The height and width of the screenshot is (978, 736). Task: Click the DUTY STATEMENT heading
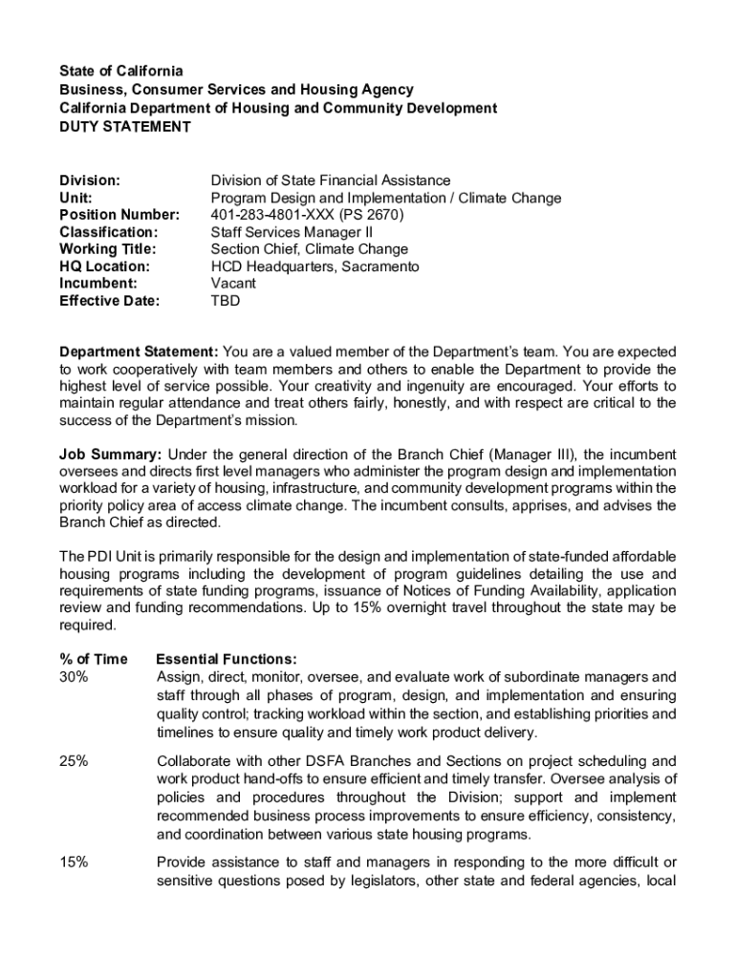point(125,127)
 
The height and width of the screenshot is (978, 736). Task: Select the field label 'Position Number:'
point(119,215)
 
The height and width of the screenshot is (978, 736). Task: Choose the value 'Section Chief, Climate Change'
point(309,249)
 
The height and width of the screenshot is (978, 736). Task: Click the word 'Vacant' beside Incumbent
point(233,284)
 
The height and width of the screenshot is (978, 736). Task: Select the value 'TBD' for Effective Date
point(226,301)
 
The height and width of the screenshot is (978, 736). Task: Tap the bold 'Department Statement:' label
point(139,352)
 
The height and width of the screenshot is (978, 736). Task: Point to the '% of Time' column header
point(94,659)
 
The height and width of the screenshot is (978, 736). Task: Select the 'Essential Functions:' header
point(226,659)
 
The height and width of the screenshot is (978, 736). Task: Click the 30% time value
point(75,677)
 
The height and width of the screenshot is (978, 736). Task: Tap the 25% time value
point(75,761)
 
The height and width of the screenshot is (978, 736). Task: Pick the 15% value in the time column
point(75,862)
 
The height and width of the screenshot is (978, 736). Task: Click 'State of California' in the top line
point(120,72)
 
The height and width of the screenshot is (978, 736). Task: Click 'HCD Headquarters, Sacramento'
point(314,266)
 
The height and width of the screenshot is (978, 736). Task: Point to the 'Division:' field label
point(90,181)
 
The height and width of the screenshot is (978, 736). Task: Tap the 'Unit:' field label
point(76,198)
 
